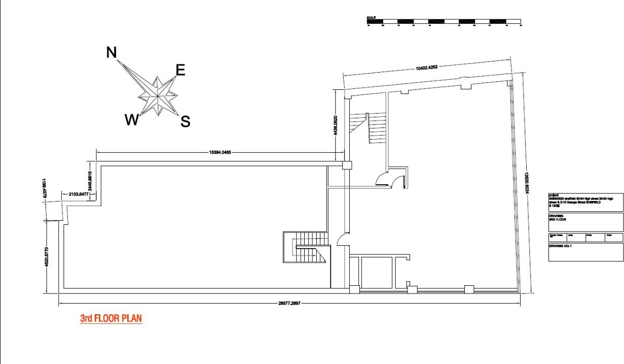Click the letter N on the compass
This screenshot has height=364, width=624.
(x=112, y=52)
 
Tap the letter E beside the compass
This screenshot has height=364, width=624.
(x=180, y=70)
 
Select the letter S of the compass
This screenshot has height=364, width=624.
(x=186, y=121)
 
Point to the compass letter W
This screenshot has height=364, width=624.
(x=131, y=120)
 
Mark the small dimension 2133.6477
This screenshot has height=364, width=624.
(x=76, y=193)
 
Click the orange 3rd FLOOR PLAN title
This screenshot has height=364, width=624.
(x=111, y=319)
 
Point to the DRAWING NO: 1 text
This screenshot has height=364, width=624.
(x=560, y=246)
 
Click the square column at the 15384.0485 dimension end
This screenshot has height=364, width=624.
(x=347, y=165)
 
